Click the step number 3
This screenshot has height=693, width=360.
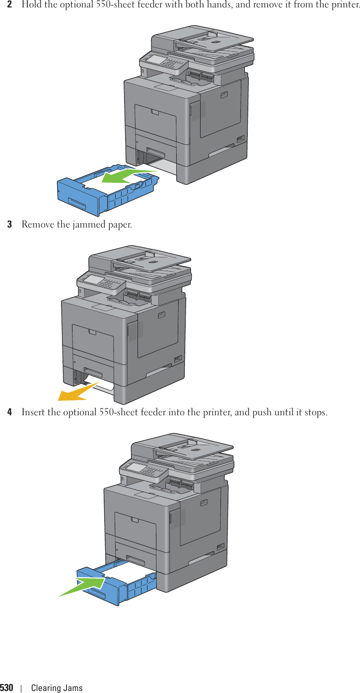click(x=9, y=225)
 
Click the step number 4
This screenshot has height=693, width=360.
click(x=9, y=413)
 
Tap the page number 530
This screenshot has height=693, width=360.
click(x=6, y=688)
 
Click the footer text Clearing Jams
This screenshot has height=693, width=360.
click(x=57, y=688)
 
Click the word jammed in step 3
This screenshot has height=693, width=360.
click(x=91, y=225)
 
